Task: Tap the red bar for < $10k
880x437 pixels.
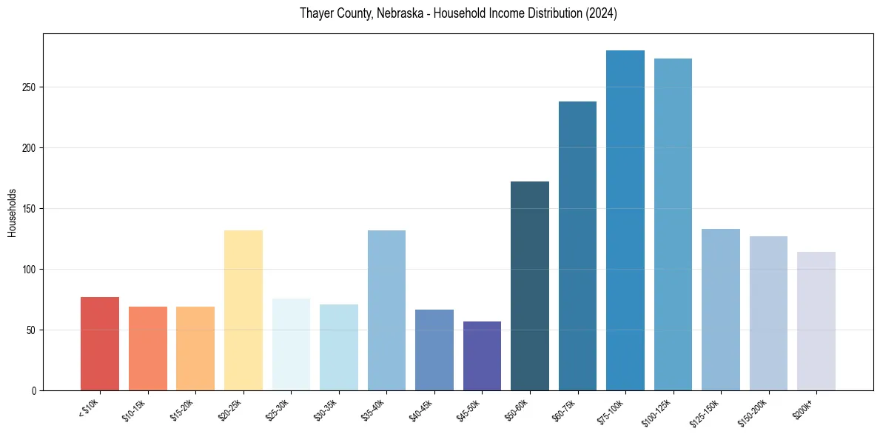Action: [x=100, y=344]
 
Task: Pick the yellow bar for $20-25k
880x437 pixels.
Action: [x=243, y=310]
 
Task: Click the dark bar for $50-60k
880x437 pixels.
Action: [x=530, y=286]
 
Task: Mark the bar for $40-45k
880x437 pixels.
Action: [x=434, y=350]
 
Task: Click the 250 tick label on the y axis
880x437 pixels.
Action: [x=29, y=87]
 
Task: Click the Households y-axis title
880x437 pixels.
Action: [x=13, y=213]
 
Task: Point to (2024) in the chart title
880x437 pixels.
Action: [x=600, y=14]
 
